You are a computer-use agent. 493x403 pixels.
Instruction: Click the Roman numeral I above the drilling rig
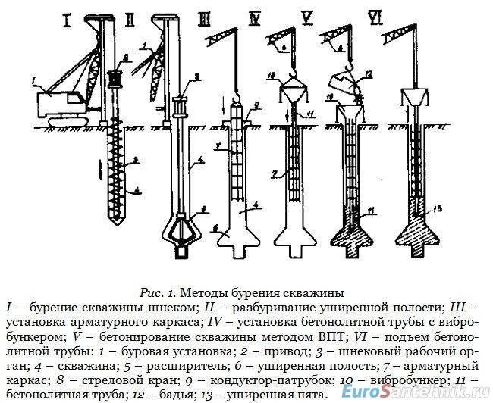click(x=68, y=20)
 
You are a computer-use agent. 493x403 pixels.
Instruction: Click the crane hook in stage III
click(x=235, y=94)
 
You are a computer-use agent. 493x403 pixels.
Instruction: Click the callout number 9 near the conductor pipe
click(x=258, y=105)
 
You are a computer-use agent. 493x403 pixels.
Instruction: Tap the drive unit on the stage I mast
click(x=116, y=78)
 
